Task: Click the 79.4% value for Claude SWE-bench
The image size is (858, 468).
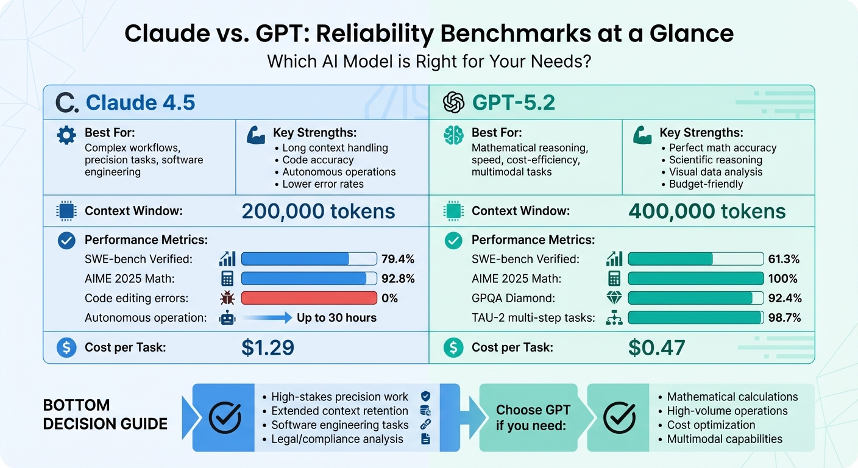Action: click(x=398, y=260)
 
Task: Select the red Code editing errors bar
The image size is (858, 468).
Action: click(x=309, y=299)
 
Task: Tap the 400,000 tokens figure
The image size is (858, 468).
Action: click(x=707, y=211)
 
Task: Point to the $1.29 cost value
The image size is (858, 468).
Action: click(x=268, y=347)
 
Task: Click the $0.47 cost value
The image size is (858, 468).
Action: click(x=656, y=347)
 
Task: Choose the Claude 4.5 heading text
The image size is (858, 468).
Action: click(x=140, y=103)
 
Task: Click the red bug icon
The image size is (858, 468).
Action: click(x=227, y=299)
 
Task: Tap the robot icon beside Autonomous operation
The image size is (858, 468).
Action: click(x=227, y=318)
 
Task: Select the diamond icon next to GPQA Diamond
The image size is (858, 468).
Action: click(x=614, y=299)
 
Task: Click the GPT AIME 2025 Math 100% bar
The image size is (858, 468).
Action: click(x=695, y=279)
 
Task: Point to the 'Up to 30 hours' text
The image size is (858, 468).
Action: click(x=336, y=318)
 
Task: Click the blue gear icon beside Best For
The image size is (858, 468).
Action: click(x=66, y=135)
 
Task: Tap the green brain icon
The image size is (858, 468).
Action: click(x=453, y=135)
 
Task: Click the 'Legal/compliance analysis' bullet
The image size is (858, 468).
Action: click(x=337, y=439)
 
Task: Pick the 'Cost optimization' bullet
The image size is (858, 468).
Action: click(x=711, y=425)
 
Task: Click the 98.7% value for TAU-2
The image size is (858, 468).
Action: click(x=785, y=318)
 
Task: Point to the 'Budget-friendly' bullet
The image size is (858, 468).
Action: click(x=706, y=184)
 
